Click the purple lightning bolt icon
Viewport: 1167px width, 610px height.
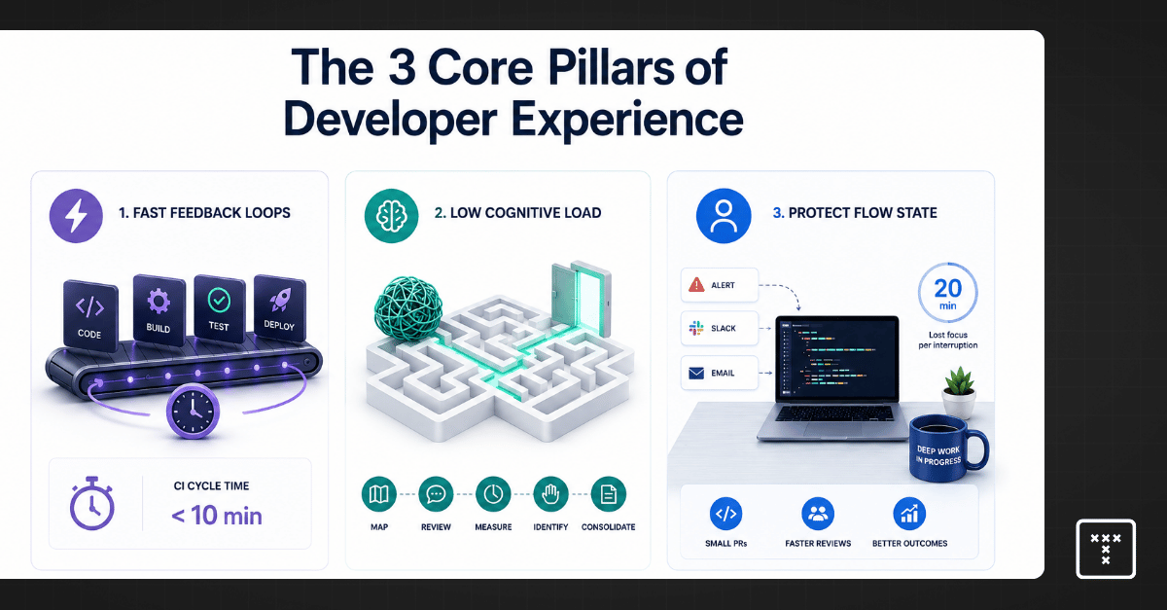tap(76, 215)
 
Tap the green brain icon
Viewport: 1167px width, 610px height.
tap(391, 215)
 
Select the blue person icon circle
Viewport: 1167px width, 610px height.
tap(724, 215)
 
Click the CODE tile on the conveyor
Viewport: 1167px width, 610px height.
tap(90, 314)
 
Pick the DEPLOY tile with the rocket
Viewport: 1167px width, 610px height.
tap(280, 308)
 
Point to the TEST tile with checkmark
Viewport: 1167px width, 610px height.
tap(220, 308)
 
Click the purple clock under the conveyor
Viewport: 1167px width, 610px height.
tap(193, 412)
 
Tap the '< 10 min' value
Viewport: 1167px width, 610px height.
tap(217, 516)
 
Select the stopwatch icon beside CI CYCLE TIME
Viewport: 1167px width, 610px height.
tap(92, 503)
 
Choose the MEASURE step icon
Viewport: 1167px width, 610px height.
tap(493, 493)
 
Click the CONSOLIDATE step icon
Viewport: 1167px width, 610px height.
tap(608, 493)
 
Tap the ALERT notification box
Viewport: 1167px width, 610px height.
tap(720, 285)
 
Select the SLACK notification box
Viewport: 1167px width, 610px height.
tap(720, 329)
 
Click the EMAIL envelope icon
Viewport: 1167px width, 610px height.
tap(696, 374)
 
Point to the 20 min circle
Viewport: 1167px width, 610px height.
tap(947, 293)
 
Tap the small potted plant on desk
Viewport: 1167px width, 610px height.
tap(959, 392)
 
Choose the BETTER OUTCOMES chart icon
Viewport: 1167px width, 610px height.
tap(909, 514)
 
